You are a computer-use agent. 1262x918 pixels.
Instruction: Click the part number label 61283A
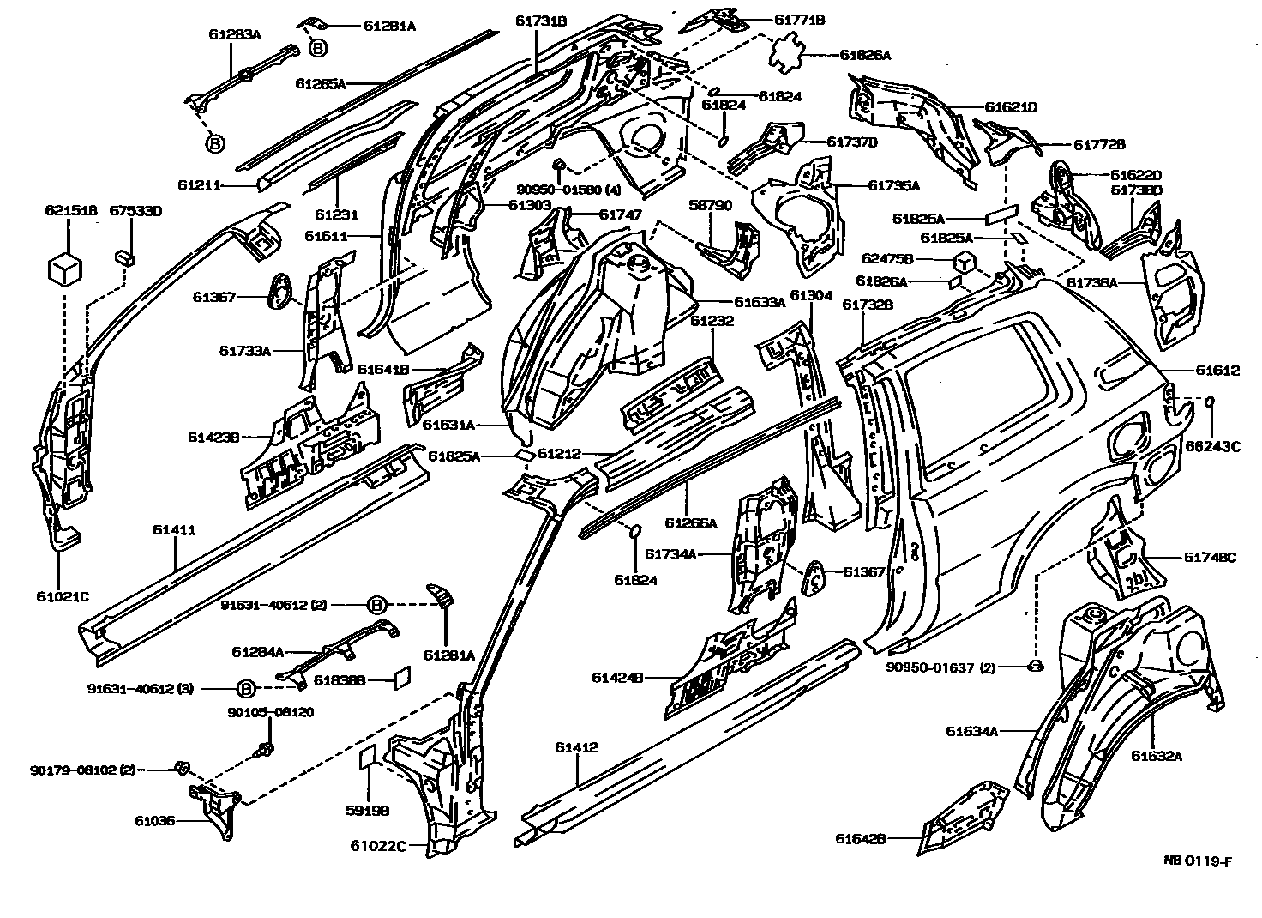tap(234, 34)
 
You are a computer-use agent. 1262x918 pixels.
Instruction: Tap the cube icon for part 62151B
tap(64, 269)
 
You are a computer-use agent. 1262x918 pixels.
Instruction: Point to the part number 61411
tap(174, 530)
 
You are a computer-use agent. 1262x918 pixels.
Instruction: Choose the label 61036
tap(154, 820)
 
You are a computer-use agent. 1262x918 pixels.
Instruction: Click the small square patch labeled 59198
tap(367, 758)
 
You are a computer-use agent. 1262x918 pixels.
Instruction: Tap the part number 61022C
tap(377, 845)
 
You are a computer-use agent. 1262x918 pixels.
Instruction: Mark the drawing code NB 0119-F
tap(1198, 861)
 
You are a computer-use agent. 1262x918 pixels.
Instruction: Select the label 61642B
tap(861, 839)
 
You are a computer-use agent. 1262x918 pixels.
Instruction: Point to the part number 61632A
tap(1156, 756)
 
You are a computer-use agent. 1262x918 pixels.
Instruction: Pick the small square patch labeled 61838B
tap(399, 678)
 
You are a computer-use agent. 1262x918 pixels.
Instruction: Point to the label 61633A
tap(760, 302)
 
